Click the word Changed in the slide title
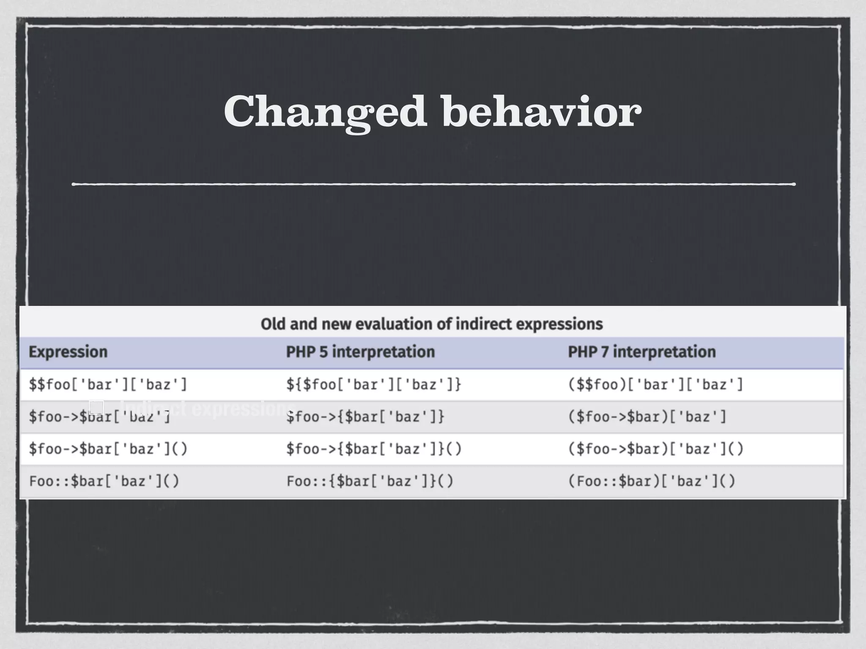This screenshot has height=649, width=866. tap(325, 112)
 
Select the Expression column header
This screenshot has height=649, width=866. tap(68, 352)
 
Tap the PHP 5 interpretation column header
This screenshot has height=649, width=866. tap(360, 352)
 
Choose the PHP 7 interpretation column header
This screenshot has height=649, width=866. tap(641, 352)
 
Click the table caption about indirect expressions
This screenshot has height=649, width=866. tap(432, 324)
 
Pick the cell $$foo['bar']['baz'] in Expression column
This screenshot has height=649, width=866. tap(108, 384)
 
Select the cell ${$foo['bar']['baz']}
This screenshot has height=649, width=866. tap(374, 384)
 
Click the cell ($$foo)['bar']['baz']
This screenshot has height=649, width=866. tap(655, 384)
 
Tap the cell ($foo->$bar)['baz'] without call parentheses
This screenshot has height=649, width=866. tap(647, 417)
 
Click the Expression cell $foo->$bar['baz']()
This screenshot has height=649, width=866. tap(108, 449)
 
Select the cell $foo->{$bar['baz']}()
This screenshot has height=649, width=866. tap(374, 449)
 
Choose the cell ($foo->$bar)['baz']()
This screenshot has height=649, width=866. tap(655, 449)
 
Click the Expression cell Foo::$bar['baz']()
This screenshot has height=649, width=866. tap(104, 481)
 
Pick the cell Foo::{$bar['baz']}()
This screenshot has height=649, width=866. tap(370, 481)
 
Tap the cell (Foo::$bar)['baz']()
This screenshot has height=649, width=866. tap(652, 481)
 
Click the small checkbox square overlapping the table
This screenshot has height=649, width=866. tap(96, 407)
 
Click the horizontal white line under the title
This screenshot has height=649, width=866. tap(433, 184)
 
